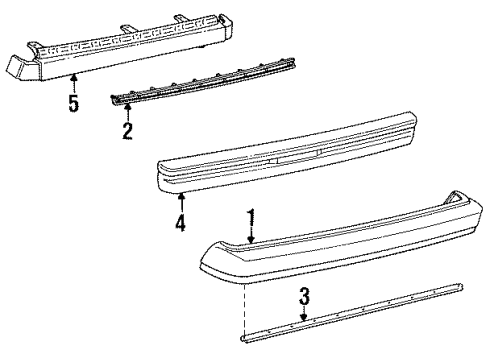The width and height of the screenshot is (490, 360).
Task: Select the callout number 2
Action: (x=127, y=130)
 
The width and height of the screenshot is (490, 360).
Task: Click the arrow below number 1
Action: (x=252, y=258)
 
